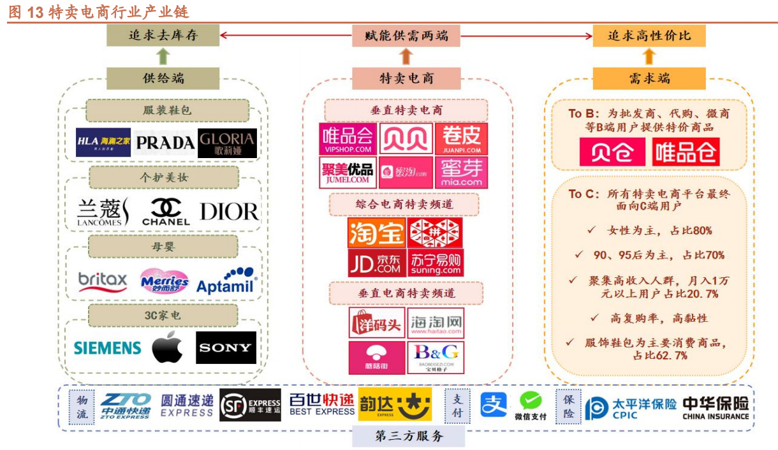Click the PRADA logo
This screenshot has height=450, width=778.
tap(165, 142)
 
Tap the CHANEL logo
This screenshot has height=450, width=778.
tap(166, 212)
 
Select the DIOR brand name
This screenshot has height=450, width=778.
tap(229, 212)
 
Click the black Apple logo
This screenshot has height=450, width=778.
tap(167, 348)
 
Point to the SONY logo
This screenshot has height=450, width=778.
tap(226, 348)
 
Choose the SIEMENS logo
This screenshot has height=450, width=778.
tap(107, 348)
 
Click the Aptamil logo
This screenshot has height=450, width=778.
tap(226, 280)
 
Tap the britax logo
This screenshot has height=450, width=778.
tap(103, 280)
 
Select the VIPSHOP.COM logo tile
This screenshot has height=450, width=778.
tap(347, 139)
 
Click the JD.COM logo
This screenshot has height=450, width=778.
tap(376, 263)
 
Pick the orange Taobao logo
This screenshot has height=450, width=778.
tap(376, 233)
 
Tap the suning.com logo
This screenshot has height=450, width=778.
tap(436, 263)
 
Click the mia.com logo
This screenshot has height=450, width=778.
tap(461, 173)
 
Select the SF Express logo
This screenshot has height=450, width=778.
tap(250, 405)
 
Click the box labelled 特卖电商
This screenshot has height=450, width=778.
tap(406, 78)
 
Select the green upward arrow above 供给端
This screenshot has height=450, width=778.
tap(163, 57)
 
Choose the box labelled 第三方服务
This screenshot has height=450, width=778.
tap(409, 437)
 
